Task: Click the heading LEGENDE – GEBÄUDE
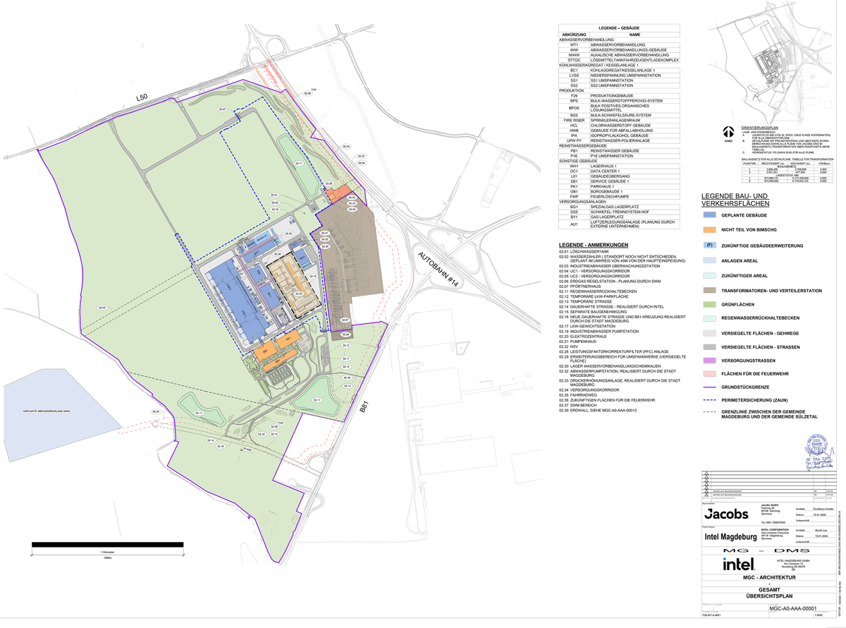click(618, 28)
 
